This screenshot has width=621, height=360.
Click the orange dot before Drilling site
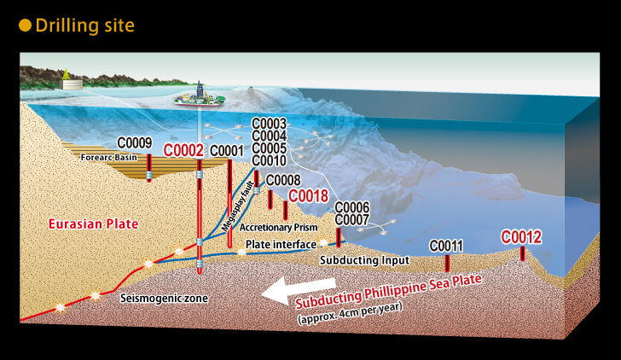(25, 26)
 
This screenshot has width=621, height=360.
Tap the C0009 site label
(135, 143)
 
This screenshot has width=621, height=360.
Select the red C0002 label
(183, 150)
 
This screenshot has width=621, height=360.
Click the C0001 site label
(227, 151)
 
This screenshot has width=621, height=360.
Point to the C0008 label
(283, 180)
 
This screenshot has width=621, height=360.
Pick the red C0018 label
(309, 195)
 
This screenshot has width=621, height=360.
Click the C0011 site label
(446, 246)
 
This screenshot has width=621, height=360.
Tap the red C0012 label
(521, 237)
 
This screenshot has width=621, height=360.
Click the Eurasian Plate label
(94, 224)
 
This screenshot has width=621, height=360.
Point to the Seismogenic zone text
(164, 298)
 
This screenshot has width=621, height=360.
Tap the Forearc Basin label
(109, 157)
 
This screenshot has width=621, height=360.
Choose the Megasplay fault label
(238, 206)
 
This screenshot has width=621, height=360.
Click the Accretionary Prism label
(278, 227)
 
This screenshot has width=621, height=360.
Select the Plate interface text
(281, 244)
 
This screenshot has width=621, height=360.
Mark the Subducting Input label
(365, 260)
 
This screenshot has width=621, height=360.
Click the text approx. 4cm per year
(350, 313)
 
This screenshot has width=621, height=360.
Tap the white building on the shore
(72, 84)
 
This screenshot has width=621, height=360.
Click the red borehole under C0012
(522, 253)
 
